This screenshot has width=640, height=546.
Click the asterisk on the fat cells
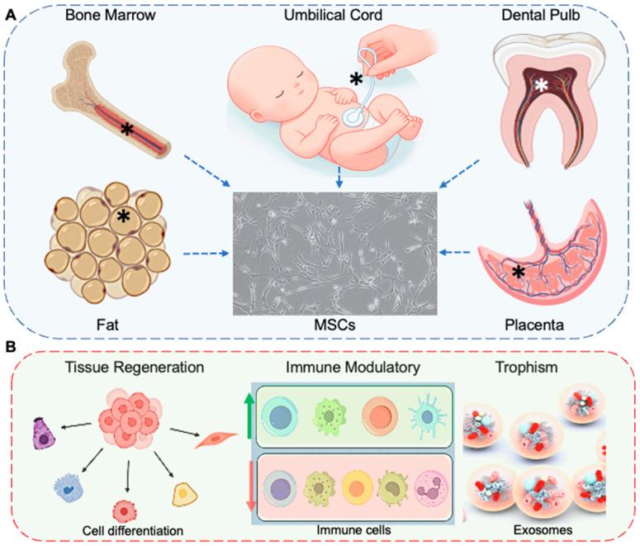[123, 216]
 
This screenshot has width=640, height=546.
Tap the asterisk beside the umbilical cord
[356, 80]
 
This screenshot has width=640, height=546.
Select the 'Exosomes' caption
[541, 526]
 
